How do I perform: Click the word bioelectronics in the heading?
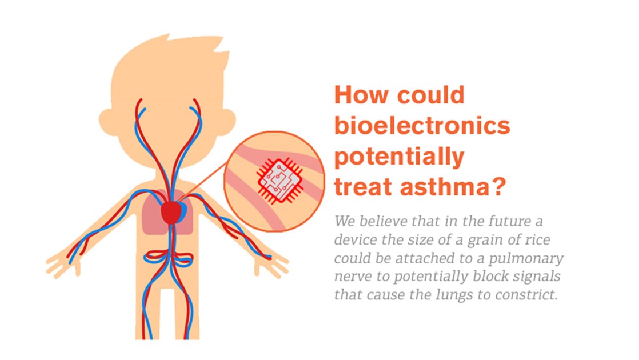pos(422,125)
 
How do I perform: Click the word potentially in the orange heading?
pos(400,157)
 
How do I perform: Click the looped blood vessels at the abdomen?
pos(168,258)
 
